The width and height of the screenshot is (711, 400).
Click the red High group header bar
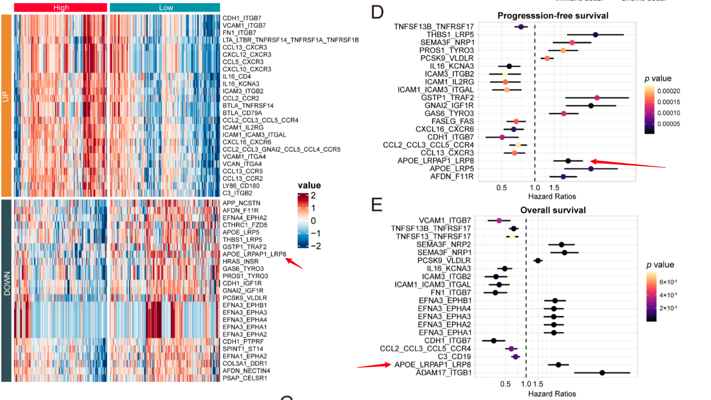pos(61,8)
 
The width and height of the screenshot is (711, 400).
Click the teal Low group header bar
pos(165,8)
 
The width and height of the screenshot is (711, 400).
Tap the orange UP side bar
pos(6,105)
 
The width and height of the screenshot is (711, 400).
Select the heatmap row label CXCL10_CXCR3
pos(247,69)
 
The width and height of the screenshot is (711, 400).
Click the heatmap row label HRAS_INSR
pos(240,261)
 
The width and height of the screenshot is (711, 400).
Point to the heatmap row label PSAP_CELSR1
pos(245,378)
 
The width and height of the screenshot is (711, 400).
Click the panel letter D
pos(377,12)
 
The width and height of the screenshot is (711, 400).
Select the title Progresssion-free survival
pos(553,16)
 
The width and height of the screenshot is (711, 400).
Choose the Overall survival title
pos(553,210)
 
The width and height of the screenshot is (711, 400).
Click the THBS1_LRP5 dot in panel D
pos(595,35)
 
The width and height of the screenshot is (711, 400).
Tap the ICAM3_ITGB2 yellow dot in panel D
pos(505,74)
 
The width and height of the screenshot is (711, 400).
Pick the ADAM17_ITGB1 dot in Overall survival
pos(602,373)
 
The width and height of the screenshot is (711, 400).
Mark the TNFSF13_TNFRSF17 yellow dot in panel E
pos(512,237)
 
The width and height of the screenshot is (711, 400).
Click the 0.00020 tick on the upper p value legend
pos(668,91)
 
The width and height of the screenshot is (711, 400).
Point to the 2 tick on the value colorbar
pos(313,195)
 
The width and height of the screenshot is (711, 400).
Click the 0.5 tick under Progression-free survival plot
pos(502,188)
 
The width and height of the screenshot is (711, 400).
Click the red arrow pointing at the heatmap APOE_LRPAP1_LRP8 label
pos(294,263)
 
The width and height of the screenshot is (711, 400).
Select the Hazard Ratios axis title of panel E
pos(552,394)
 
